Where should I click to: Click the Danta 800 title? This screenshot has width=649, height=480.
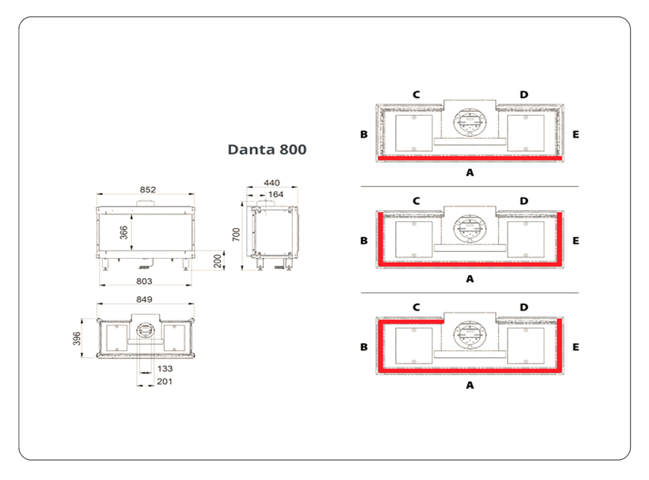point(267,149)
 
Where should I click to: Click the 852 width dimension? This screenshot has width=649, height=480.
point(148,190)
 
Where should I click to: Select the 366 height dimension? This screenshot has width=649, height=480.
point(124,233)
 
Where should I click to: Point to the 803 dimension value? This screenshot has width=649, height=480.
point(144,281)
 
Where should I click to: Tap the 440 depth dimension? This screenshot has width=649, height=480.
point(272,182)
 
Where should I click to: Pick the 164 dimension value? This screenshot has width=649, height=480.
point(276,194)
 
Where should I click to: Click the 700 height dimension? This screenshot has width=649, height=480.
point(236,234)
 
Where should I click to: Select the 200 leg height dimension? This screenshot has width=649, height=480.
point(218,261)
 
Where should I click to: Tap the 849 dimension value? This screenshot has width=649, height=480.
point(144,299)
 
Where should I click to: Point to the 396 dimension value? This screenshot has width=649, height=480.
point(77,338)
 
